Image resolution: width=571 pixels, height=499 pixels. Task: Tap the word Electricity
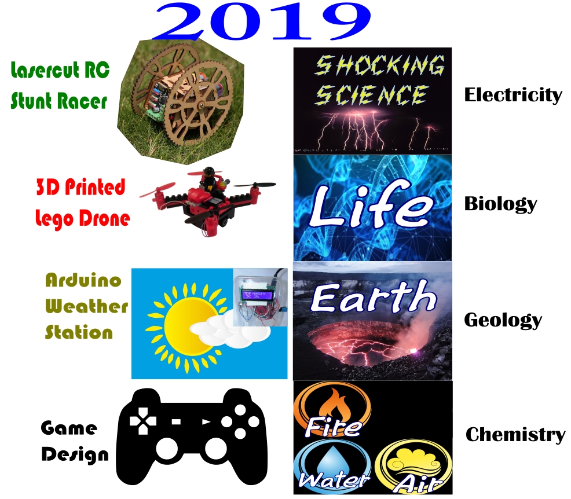pyautogui.click(x=513, y=96)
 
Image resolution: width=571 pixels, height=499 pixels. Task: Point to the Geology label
pyautogui.click(x=503, y=320)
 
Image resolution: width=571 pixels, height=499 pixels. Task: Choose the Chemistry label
pyautogui.click(x=515, y=435)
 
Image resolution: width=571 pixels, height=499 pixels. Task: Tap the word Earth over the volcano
pyautogui.click(x=374, y=296)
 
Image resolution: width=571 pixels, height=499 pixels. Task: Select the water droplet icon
pyautogui.click(x=331, y=459)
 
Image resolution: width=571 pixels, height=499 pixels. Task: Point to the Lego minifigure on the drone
pyautogui.click(x=209, y=179)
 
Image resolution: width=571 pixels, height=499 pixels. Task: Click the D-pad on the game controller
pyautogui.click(x=143, y=421)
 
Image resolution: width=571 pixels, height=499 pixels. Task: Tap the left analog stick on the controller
pyautogui.click(x=167, y=449)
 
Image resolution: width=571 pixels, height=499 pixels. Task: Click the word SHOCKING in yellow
pyautogui.click(x=379, y=65)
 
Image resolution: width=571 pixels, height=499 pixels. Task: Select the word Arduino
pyautogui.click(x=83, y=280)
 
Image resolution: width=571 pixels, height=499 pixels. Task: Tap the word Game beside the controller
pyautogui.click(x=69, y=428)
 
